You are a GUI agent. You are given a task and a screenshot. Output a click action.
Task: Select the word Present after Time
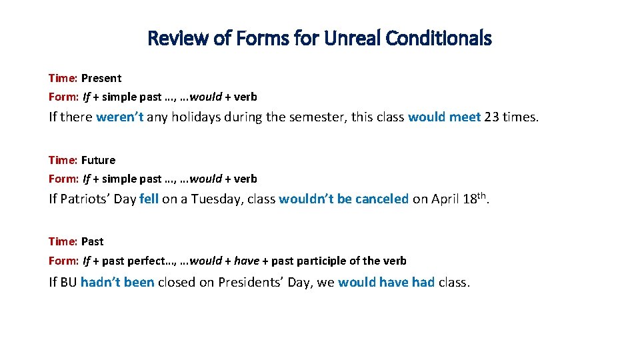click(101, 78)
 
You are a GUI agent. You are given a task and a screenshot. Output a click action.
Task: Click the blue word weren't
click(121, 117)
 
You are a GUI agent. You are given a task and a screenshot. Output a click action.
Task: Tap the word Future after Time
click(99, 160)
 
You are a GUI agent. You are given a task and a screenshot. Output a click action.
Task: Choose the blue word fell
click(149, 199)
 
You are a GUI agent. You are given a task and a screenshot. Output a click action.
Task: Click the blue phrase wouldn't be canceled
click(343, 199)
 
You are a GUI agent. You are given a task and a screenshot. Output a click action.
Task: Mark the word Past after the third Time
click(93, 241)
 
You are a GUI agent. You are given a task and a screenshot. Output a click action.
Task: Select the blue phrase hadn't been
click(117, 282)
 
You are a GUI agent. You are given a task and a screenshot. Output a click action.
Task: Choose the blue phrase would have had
click(386, 282)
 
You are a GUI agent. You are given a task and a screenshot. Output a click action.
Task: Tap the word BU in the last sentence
click(69, 282)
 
